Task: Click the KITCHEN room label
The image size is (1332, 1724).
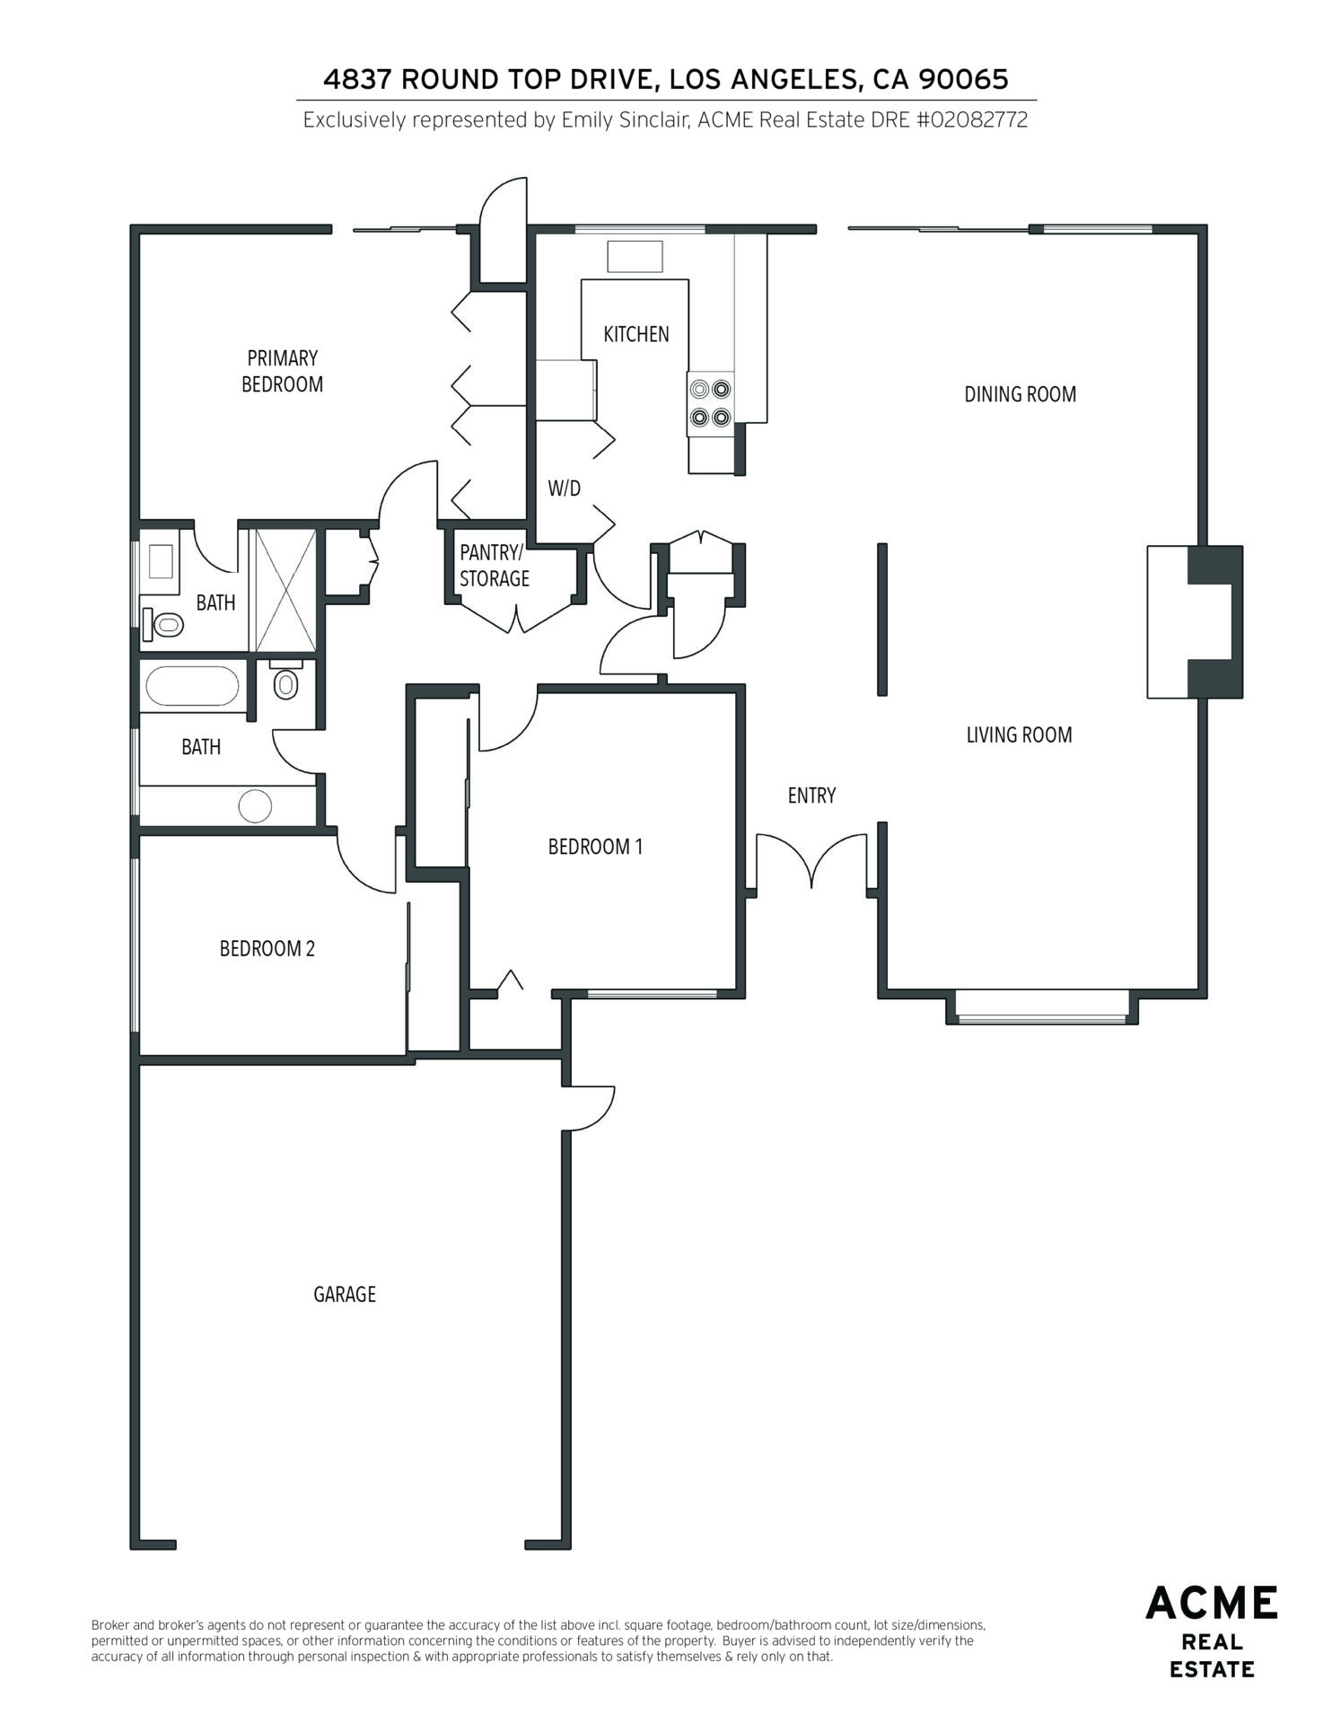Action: [635, 334]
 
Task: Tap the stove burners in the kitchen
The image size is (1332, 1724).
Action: [710, 403]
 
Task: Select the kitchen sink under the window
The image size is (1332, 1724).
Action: [635, 256]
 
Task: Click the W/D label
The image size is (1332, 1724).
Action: [564, 488]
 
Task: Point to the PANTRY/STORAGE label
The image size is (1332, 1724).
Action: [495, 565]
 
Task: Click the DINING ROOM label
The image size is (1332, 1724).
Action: [1020, 394]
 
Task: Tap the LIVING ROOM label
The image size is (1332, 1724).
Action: [1019, 734]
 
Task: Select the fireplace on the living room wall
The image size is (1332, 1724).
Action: [1195, 621]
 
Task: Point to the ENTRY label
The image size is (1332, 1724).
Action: [811, 796]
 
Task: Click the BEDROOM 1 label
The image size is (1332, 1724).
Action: [595, 847]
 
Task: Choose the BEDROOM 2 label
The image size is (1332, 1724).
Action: [267, 948]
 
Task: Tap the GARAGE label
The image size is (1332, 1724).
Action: [345, 1294]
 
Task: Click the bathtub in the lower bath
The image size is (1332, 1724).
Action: [193, 687]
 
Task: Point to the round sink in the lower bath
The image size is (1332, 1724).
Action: [255, 805]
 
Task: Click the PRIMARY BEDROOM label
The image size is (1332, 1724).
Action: [283, 371]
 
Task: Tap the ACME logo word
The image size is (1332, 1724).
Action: [1212, 1603]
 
